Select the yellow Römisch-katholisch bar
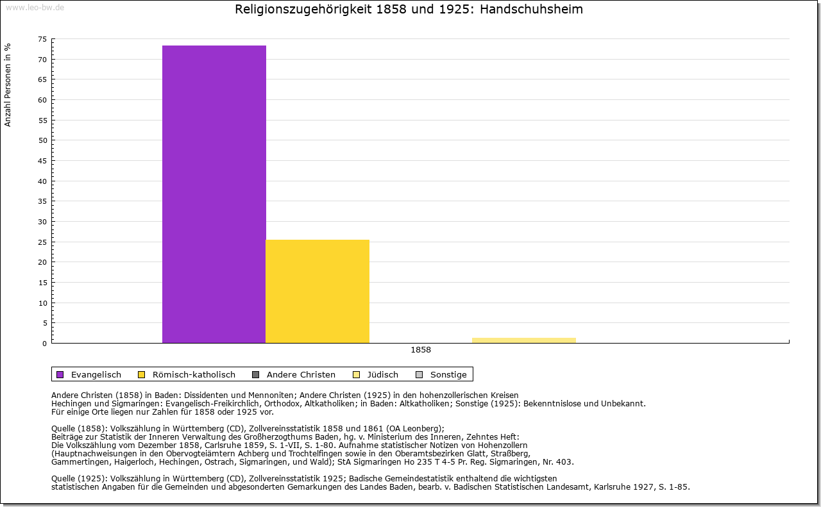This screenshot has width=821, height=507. pyautogui.click(x=317, y=291)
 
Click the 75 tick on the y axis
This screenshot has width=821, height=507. pyautogui.click(x=42, y=39)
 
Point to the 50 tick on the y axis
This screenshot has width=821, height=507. pyautogui.click(x=42, y=140)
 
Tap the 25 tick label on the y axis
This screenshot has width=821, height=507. pyautogui.click(x=42, y=242)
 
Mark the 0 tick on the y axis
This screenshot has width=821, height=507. pyautogui.click(x=44, y=343)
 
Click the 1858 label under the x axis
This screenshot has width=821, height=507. pyautogui.click(x=421, y=350)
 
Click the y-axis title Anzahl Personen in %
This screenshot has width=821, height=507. pyautogui.click(x=8, y=85)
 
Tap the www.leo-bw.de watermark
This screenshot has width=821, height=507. pyautogui.click(x=34, y=8)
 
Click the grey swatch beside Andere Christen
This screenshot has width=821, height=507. pyautogui.click(x=256, y=374)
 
